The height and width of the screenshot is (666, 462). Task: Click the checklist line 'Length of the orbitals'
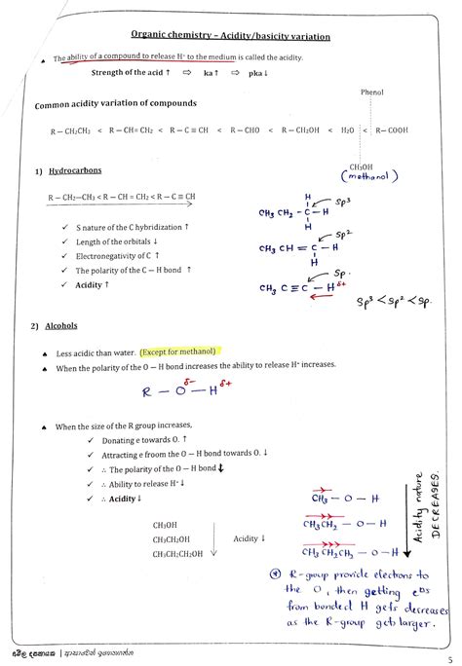click(117, 241)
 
